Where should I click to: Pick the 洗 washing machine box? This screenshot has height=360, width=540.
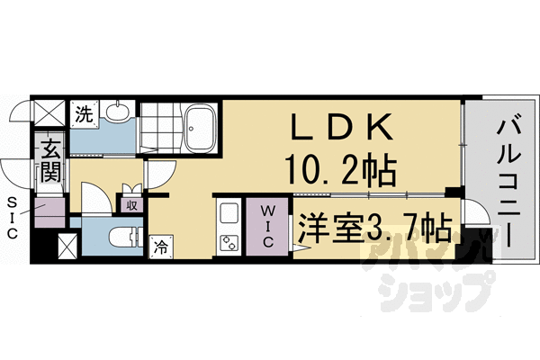83,114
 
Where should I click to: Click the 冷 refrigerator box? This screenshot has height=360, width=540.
161,245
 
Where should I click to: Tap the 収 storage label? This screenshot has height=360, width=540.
131,203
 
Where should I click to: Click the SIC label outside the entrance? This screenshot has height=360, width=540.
13,217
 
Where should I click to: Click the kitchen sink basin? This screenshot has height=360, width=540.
228,214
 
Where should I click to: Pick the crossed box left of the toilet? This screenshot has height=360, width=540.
68,245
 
